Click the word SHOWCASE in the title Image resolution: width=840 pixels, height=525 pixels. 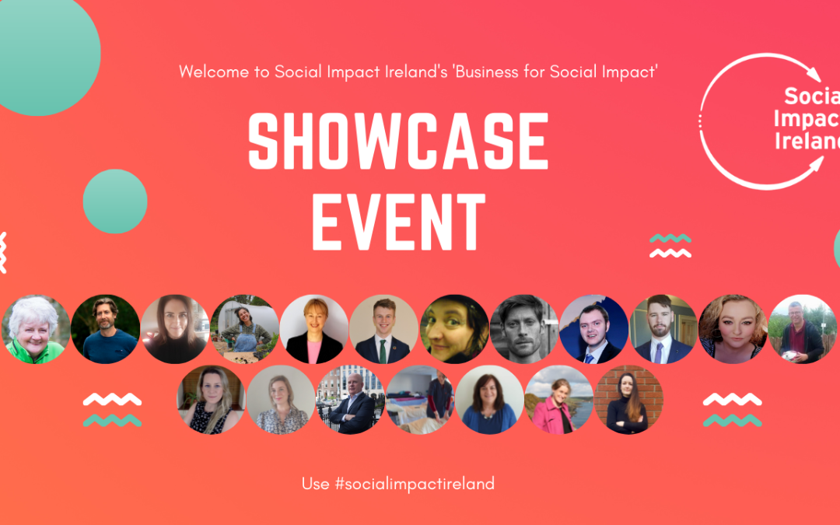pyautogui.click(x=398, y=141)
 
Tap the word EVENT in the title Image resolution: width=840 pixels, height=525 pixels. pyautogui.click(x=398, y=222)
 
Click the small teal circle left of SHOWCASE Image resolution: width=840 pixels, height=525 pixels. pyautogui.click(x=115, y=201)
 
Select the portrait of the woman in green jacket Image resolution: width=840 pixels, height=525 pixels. pyautogui.click(x=35, y=330)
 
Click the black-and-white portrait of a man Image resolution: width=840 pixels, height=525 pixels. pyautogui.click(x=523, y=330)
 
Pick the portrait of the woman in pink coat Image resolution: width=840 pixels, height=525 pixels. pyautogui.click(x=558, y=400)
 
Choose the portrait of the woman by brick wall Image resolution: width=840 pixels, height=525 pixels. pyautogui.click(x=628, y=400)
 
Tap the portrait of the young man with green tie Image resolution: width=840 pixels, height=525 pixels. pyautogui.click(x=383, y=330)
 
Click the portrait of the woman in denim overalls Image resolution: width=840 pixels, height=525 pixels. pyautogui.click(x=245, y=330)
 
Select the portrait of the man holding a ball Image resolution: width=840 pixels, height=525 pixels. pyautogui.click(x=802, y=330)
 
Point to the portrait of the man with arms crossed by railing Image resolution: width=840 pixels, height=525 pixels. pyautogui.click(x=350, y=400)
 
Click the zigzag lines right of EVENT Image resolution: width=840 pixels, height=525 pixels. pyautogui.click(x=670, y=246)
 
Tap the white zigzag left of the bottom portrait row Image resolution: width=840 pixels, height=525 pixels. pyautogui.click(x=113, y=399)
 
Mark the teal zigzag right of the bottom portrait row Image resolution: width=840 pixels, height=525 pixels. pyautogui.click(x=733, y=421)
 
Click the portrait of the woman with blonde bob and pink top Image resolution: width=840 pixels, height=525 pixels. pyautogui.click(x=314, y=330)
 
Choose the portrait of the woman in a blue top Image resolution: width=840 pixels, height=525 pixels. pyautogui.click(x=489, y=400)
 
